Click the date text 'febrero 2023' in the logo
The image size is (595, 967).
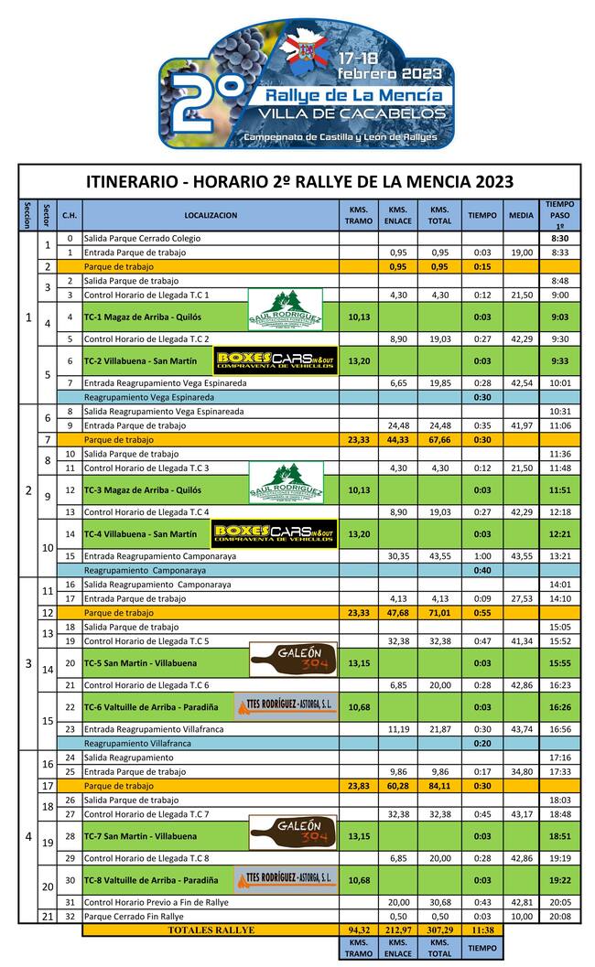click(x=389, y=72)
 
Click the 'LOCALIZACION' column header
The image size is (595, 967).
click(x=210, y=215)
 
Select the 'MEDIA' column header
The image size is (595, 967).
click(x=521, y=215)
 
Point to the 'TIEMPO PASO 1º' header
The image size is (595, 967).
click(x=559, y=215)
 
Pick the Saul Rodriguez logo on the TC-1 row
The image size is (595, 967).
click(x=285, y=309)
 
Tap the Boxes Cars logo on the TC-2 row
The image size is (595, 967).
click(x=276, y=360)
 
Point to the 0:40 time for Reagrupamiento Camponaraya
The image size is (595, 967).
click(x=481, y=570)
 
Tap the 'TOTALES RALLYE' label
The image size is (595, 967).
click(x=211, y=930)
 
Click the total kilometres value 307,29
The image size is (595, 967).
click(x=439, y=930)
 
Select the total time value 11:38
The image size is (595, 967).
click(x=481, y=930)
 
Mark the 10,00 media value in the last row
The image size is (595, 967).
click(x=521, y=916)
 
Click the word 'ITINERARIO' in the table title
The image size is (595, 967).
click(x=132, y=181)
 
